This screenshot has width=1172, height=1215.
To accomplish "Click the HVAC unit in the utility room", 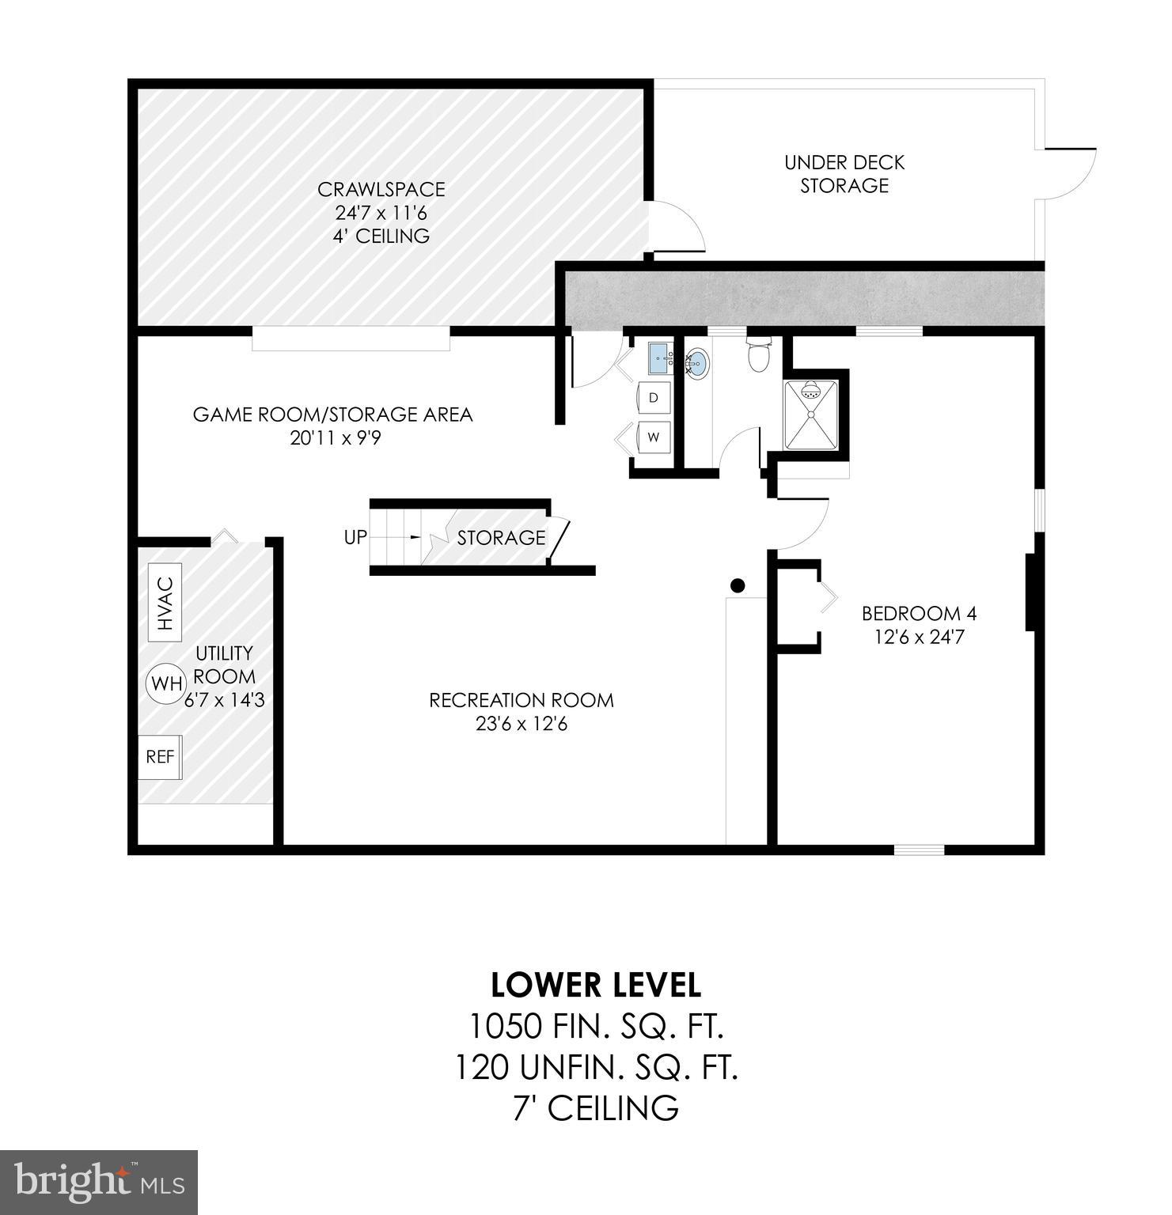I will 165,602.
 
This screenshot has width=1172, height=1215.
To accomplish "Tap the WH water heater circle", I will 165,683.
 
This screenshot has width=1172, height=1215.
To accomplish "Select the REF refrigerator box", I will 160,757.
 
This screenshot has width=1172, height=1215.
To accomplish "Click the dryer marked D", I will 654,398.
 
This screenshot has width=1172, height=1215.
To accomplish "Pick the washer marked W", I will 654,437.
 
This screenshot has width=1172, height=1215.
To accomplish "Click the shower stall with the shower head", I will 810,415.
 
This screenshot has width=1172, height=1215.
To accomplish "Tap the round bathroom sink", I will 697,364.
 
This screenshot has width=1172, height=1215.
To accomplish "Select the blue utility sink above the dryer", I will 660,359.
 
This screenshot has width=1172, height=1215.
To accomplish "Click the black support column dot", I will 738,585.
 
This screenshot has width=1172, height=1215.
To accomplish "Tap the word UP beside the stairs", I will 355,537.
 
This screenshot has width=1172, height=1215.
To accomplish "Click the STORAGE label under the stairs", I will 501,538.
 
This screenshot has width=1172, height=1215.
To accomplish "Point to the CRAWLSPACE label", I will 381,190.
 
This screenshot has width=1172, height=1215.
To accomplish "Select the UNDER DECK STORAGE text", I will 844,174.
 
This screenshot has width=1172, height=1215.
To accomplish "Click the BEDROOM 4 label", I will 919,613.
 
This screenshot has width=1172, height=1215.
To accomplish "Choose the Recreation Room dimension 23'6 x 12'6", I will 522,724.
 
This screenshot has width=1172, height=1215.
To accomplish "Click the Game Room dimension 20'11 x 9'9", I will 336,438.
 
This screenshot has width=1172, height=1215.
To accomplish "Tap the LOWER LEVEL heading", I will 595,986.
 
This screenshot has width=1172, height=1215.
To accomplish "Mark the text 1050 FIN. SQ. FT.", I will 597,1027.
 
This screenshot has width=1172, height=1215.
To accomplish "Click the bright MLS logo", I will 99,1182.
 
